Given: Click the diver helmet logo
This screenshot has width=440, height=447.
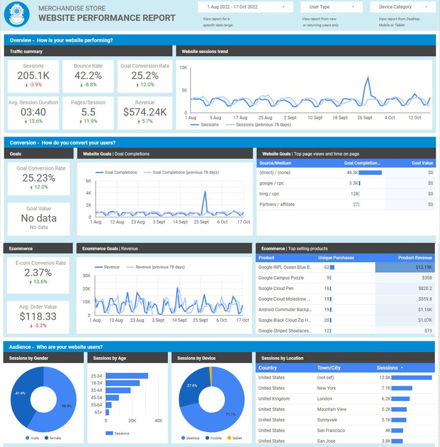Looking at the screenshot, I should click(16, 14).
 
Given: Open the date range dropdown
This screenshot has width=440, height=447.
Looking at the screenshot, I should click(245, 7).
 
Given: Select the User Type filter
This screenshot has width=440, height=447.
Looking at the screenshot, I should click(330, 7).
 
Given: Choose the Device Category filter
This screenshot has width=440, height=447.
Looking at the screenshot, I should click(402, 7).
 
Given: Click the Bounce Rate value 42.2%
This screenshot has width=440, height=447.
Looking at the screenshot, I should click(88, 76).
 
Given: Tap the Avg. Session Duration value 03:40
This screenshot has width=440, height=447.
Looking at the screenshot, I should click(33, 112).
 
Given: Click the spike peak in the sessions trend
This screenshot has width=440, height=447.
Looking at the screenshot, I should click(367, 78).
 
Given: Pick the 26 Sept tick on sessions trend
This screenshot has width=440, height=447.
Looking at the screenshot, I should click(365, 118).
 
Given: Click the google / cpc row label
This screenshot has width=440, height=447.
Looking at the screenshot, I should click(271, 183).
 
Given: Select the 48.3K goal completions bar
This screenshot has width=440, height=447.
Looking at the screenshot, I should click(370, 173).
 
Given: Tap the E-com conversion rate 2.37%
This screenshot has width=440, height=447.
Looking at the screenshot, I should click(38, 273).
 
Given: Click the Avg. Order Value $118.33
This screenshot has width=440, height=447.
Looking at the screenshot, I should click(38, 317).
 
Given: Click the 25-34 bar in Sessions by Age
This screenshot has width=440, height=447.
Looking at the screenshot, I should click(127, 376).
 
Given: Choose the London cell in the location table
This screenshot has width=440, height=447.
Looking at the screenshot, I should click(325, 399).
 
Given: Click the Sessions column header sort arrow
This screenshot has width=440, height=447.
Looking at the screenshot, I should click(402, 368).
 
